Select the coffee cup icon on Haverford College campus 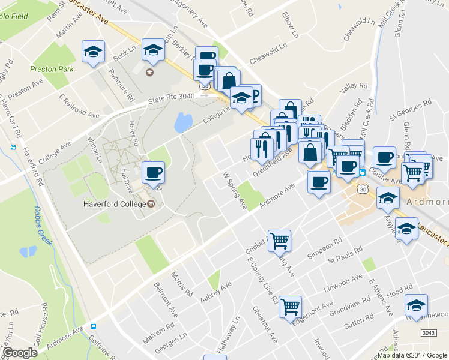coord(152,173)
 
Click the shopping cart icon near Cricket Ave coord(279,241)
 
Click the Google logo coord(20,352)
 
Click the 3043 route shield coord(428,332)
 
